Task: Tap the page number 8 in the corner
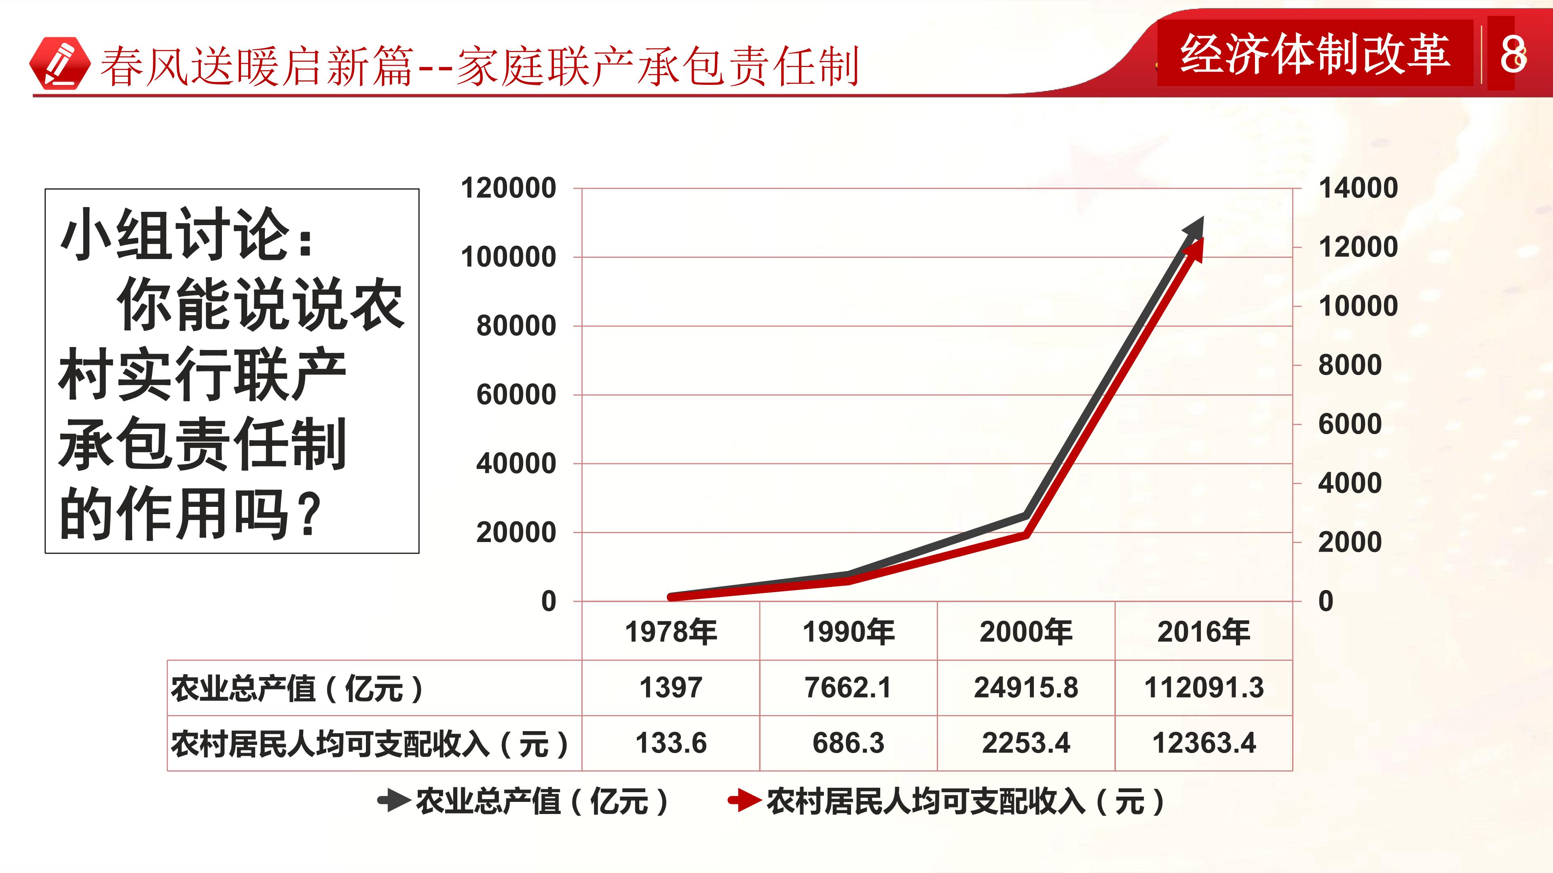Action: [1513, 54]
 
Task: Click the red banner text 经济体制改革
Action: [1315, 54]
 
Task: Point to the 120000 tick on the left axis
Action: [508, 188]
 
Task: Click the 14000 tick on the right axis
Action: [1358, 188]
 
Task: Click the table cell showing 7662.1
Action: [848, 688]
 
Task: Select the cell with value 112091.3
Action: [1204, 688]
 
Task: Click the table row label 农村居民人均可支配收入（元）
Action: [370, 744]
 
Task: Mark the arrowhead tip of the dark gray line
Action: [1203, 217]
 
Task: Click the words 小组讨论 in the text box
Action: [175, 234]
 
